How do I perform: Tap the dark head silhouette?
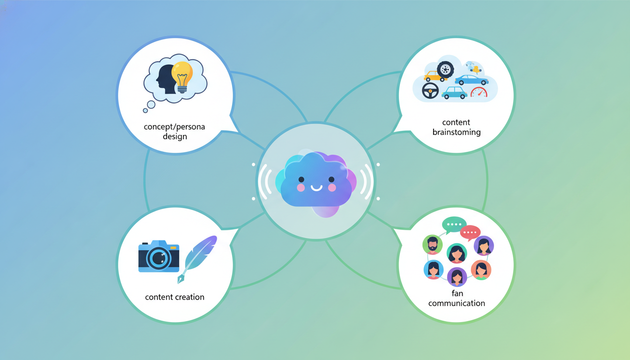pyautogui.click(x=166, y=79)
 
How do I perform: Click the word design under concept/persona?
pyautogui.click(x=175, y=137)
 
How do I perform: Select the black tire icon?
pyautogui.click(x=445, y=69)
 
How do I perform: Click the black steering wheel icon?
pyautogui.click(x=430, y=90)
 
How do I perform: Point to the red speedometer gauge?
pyautogui.click(x=479, y=92)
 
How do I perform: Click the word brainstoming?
pyautogui.click(x=457, y=132)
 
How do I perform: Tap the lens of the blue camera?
pyautogui.click(x=158, y=258)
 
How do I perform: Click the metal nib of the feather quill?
pyautogui.click(x=180, y=279)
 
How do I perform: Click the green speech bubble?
pyautogui.click(x=453, y=225)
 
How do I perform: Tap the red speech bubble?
pyautogui.click(x=470, y=232)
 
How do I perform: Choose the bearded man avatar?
pyautogui.click(x=432, y=244)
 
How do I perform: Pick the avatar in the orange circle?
pyautogui.click(x=481, y=270)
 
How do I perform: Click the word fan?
pyautogui.click(x=457, y=293)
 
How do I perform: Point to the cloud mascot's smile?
pyautogui.click(x=316, y=188)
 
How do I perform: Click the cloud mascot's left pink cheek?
pyautogui.click(x=300, y=187)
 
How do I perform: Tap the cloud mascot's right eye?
pyautogui.click(x=331, y=180)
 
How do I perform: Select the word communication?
pyautogui.click(x=457, y=303)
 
